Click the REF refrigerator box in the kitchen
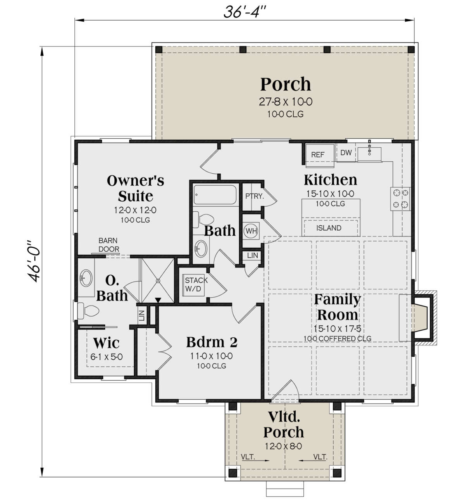coord(320,155)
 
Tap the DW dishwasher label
coord(346,152)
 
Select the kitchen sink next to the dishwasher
coord(369,154)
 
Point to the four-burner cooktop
coord(400,199)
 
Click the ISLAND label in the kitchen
coord(329,228)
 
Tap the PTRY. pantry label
coord(255,196)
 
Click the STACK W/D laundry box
coord(194,284)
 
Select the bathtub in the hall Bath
coord(215,195)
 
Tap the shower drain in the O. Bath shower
coord(158,281)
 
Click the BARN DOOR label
coord(109,245)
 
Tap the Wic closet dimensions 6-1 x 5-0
coord(107,357)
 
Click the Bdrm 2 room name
coord(212,342)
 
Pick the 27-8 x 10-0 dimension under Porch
coord(285,102)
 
